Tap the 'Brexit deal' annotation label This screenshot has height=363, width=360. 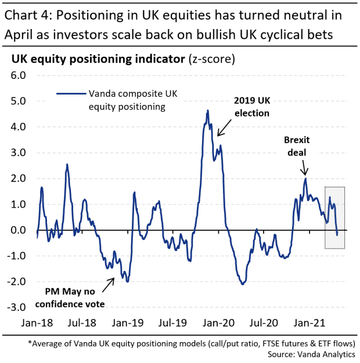(298, 146)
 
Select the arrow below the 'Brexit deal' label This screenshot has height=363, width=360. (305, 168)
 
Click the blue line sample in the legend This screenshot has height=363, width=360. (70, 93)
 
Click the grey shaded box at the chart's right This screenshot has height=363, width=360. (335, 218)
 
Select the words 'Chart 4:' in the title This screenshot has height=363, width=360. (30, 14)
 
